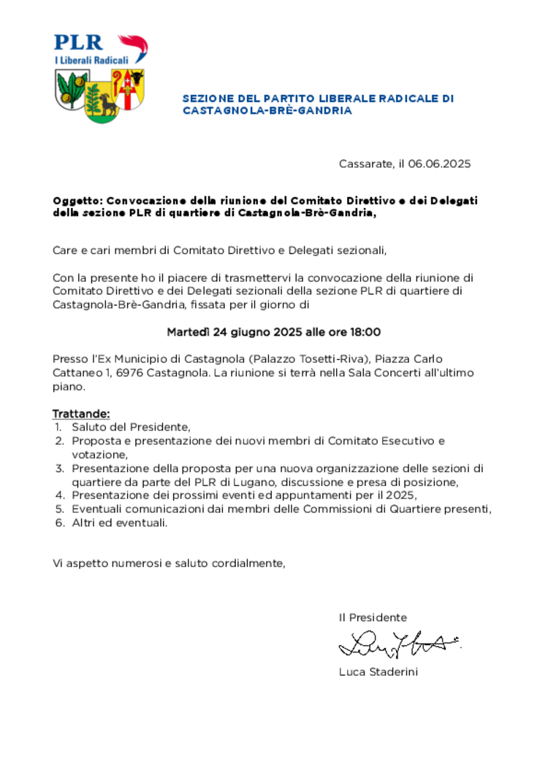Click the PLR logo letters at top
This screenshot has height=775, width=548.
(x=78, y=42)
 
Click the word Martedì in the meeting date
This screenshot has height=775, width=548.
(x=189, y=333)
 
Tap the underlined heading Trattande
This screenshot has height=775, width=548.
(x=81, y=415)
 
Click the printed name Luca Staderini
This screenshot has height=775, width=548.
(x=378, y=672)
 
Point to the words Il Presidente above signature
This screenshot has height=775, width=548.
(x=373, y=617)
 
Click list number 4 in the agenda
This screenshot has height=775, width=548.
(x=59, y=496)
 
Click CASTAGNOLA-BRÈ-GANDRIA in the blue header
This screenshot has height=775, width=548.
(x=267, y=111)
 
